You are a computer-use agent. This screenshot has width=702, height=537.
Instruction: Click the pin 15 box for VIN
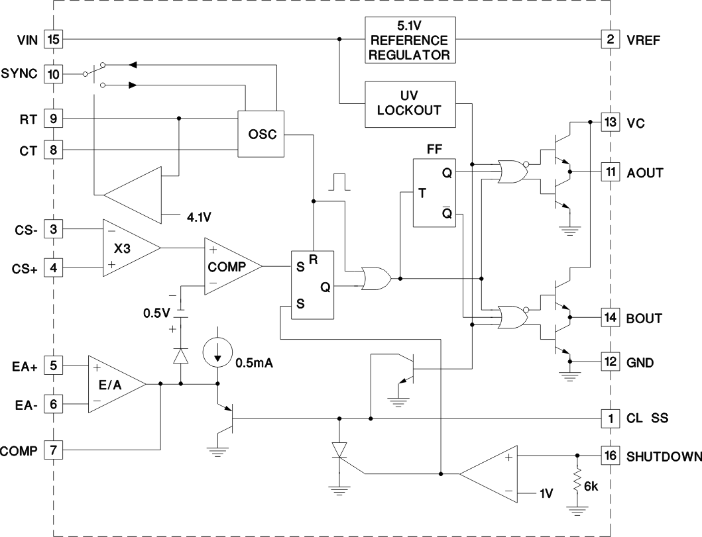pos(53,39)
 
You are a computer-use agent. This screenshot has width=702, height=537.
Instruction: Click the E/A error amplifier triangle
pos(113,383)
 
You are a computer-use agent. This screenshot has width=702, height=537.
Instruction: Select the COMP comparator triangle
pos(229,266)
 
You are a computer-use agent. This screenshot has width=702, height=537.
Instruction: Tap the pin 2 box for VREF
pos(609,39)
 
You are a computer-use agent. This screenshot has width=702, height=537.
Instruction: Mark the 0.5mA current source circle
pos(217,353)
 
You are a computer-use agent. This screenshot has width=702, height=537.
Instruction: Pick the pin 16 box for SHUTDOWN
pos(609,456)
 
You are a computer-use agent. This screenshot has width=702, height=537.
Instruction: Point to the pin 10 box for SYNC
pos(53,73)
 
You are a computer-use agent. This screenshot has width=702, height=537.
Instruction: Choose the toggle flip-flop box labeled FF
pos(434,193)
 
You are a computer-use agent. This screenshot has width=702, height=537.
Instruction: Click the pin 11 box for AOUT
pos(609,173)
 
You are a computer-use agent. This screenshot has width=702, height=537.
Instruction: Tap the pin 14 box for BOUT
pos(609,318)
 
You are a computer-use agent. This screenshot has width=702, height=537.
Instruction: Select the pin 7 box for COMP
pos(53,451)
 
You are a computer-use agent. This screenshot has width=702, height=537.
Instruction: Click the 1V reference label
pos(546,493)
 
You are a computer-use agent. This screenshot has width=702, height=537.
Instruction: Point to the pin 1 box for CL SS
pos(609,418)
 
